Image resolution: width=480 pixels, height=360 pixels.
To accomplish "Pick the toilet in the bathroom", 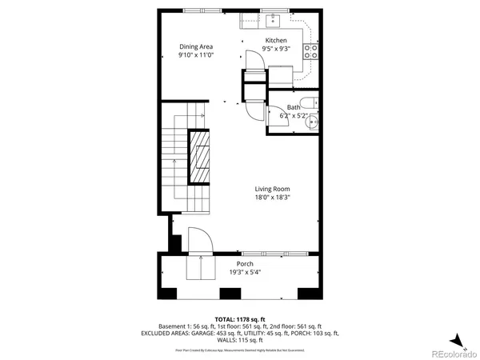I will tap(314, 104).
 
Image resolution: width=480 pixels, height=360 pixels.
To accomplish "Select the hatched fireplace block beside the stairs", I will tap(201, 158).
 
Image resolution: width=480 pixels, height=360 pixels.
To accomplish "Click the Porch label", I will tap(245, 264).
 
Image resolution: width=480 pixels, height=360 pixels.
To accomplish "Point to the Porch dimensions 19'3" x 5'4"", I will tap(245, 272).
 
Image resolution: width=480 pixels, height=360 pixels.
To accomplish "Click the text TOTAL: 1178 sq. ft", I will tap(239, 319).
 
